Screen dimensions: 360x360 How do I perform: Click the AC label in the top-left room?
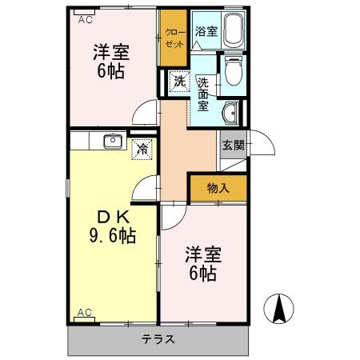pyautogui.click(x=84, y=21)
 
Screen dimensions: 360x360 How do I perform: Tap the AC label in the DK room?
pyautogui.click(x=84, y=312)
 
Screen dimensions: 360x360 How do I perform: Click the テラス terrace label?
pyautogui.click(x=158, y=338)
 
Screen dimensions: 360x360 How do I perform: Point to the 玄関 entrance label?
pyautogui.click(x=233, y=146)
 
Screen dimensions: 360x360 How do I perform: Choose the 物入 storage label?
pyautogui.click(x=218, y=189)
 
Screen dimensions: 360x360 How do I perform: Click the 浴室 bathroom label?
pyautogui.click(x=206, y=31)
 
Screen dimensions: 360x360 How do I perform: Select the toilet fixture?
pyautogui.click(x=233, y=73)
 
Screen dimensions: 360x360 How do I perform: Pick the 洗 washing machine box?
pyautogui.click(x=178, y=80)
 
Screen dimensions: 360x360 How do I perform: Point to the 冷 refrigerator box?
pyautogui.click(x=142, y=148)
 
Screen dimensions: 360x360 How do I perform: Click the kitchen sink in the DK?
pyautogui.click(x=111, y=142)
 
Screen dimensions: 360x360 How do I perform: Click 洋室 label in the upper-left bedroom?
pyautogui.click(x=111, y=53)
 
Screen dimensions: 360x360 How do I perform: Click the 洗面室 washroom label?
pyautogui.click(x=203, y=94)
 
